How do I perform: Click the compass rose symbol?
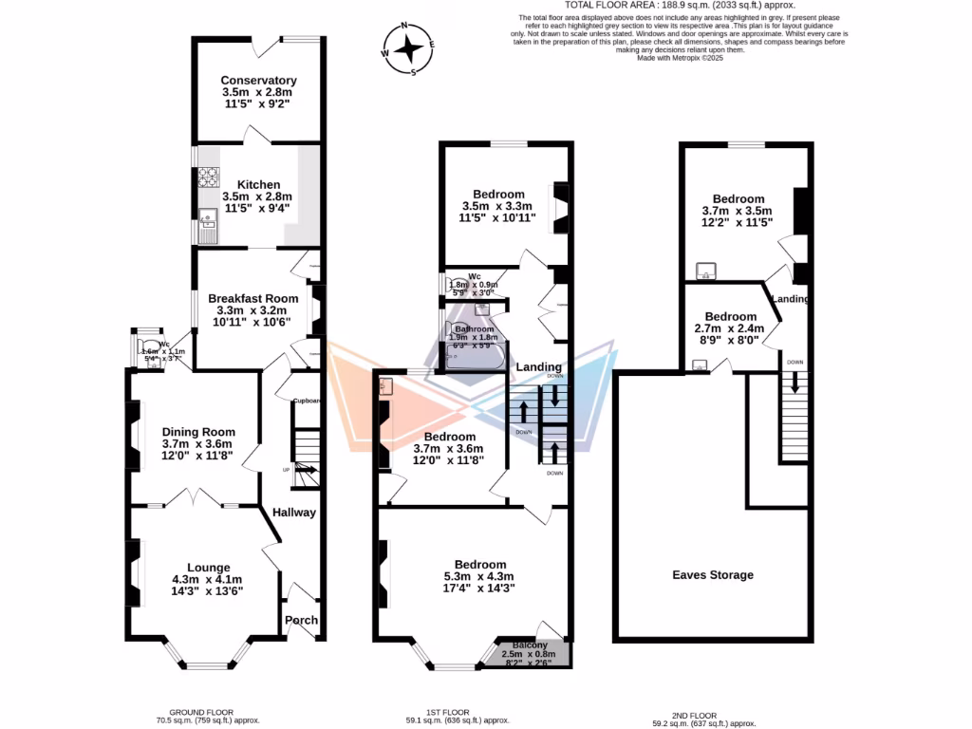tap(409, 47)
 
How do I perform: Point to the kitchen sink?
tap(207, 225)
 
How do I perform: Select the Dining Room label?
tap(197, 432)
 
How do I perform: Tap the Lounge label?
tap(207, 567)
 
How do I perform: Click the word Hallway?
tap(294, 513)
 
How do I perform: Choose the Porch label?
tap(301, 621)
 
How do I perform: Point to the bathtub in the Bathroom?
tap(471, 358)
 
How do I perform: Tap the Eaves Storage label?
tap(713, 574)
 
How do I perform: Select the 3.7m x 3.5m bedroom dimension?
tap(738, 211)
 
